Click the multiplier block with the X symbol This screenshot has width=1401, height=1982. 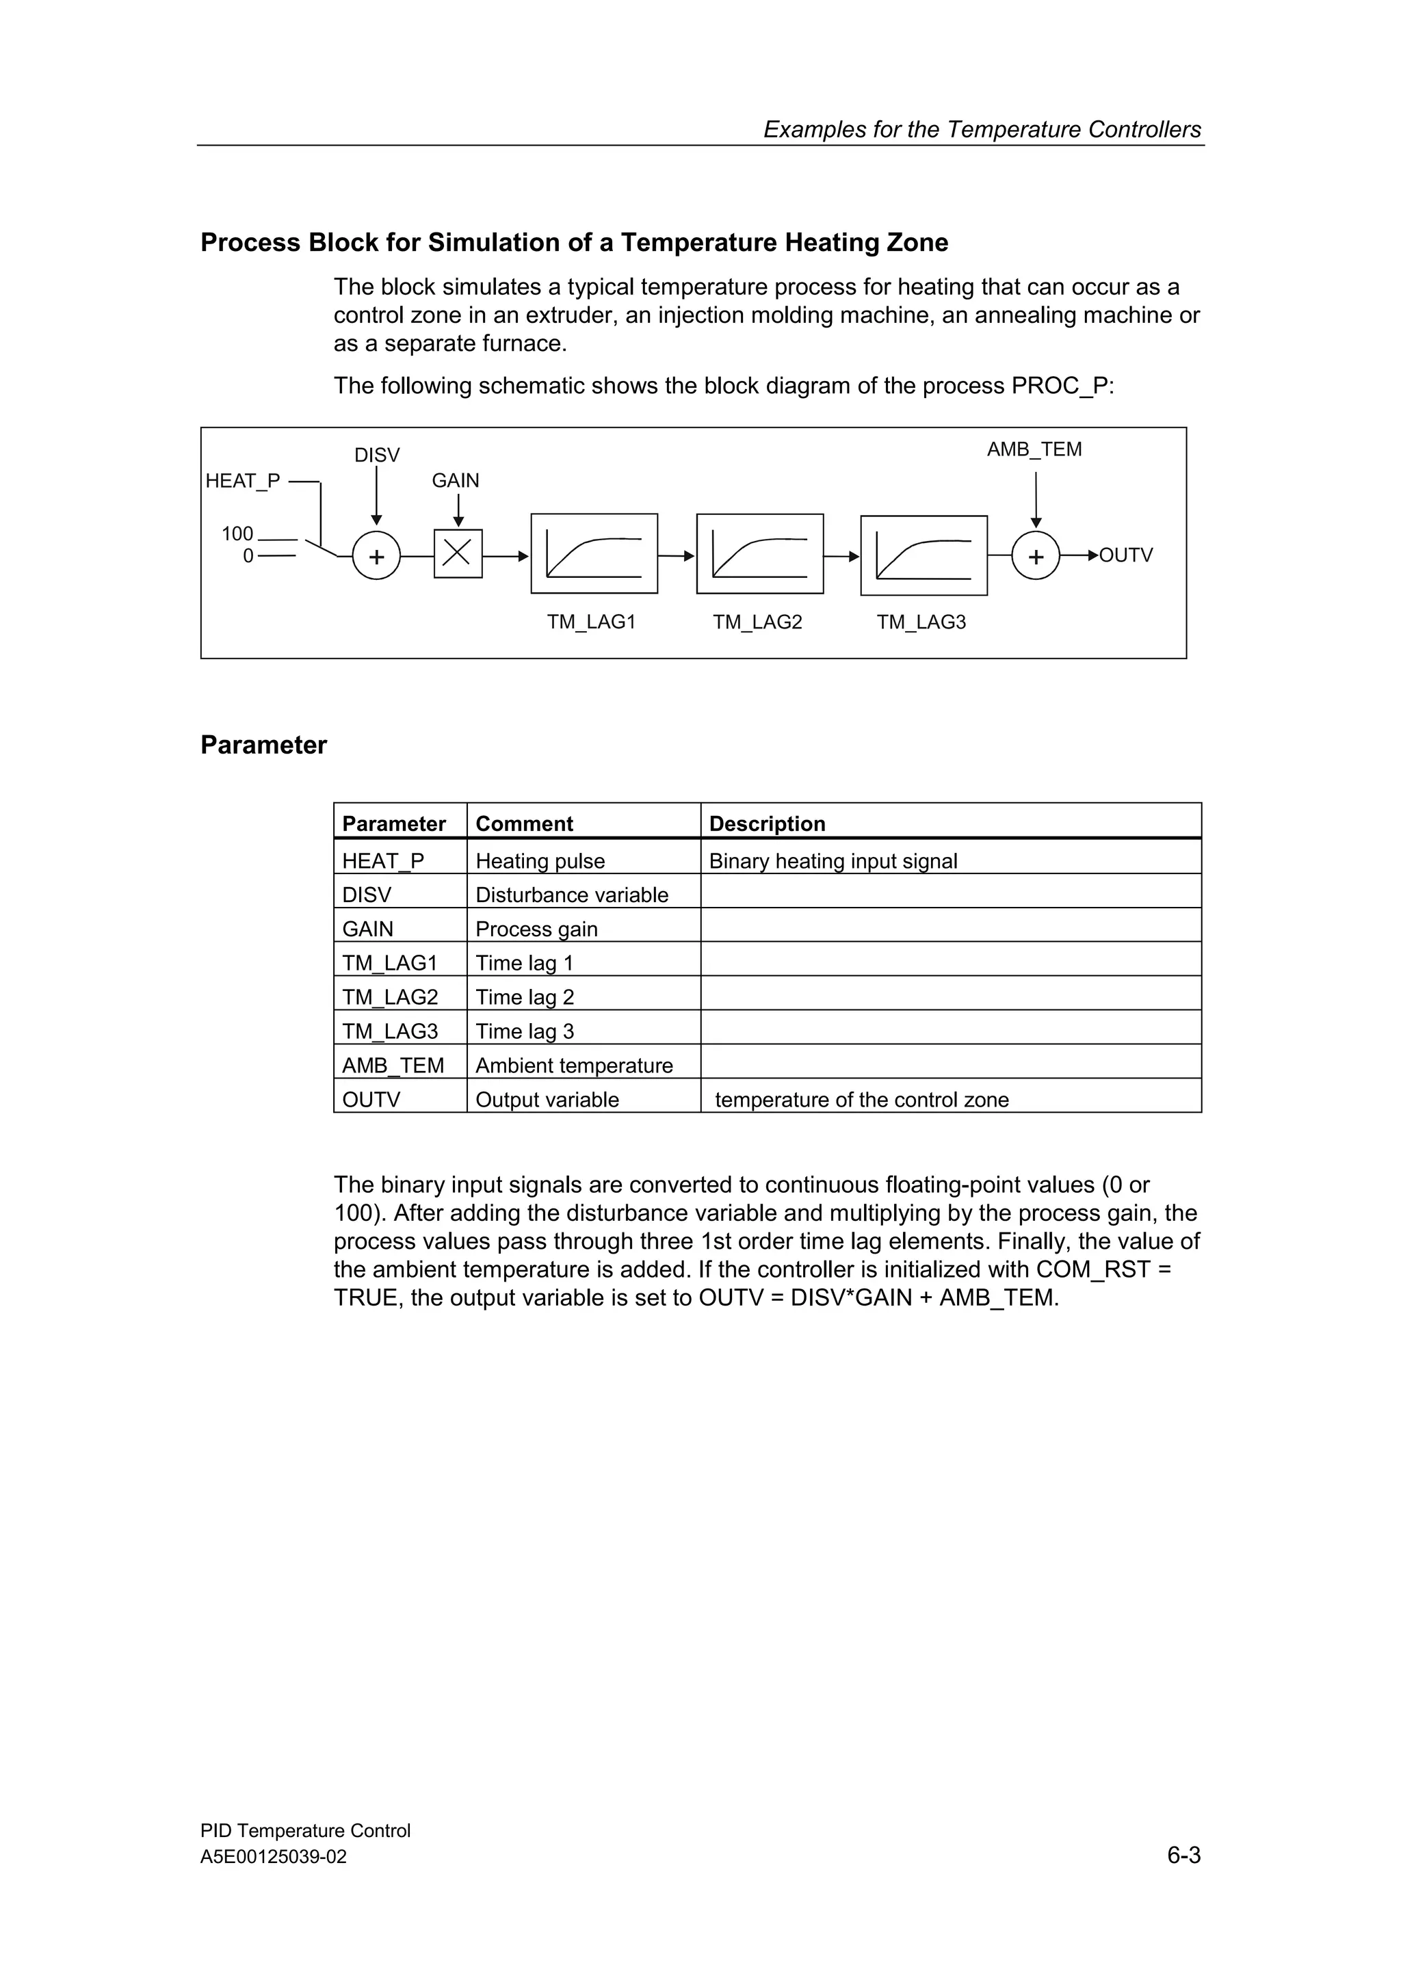pyautogui.click(x=458, y=553)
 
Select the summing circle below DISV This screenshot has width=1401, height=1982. pyautogui.click(x=376, y=556)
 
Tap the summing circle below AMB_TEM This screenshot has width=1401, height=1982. pyautogui.click(x=1035, y=556)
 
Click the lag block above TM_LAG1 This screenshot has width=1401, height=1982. pyautogui.click(x=594, y=553)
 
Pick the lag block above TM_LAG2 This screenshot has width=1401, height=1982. pyautogui.click(x=759, y=553)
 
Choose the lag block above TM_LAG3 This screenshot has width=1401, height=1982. pyautogui.click(x=924, y=555)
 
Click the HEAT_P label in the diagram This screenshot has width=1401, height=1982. pyautogui.click(x=243, y=481)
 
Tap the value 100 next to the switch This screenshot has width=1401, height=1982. pyautogui.click(x=237, y=533)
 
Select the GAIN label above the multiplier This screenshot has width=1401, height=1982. pyautogui.click(x=455, y=480)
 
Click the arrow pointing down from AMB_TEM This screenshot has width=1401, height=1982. pyautogui.click(x=1036, y=501)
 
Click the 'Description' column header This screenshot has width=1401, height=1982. pyautogui.click(x=767, y=823)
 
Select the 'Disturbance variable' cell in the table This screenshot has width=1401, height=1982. pyautogui.click(x=571, y=895)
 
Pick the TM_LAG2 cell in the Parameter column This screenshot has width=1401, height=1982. pyautogui.click(x=390, y=997)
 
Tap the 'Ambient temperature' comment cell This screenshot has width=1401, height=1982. pyautogui.click(x=574, y=1066)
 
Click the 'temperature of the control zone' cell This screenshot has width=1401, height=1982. pyautogui.click(x=861, y=1100)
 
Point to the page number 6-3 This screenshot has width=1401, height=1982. pyautogui.click(x=1183, y=1854)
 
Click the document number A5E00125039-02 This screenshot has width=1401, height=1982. pyautogui.click(x=274, y=1857)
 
